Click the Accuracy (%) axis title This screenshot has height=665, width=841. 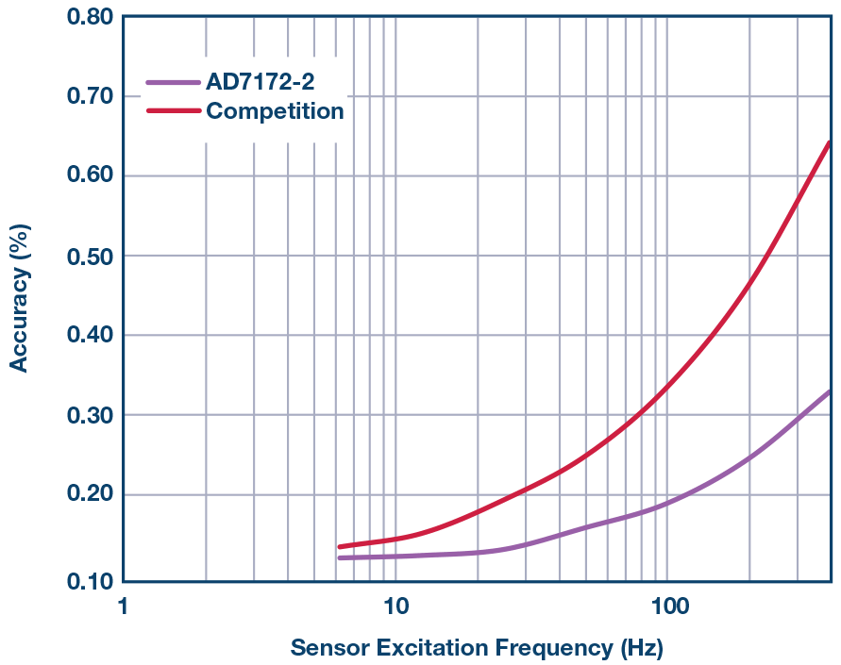[19, 298]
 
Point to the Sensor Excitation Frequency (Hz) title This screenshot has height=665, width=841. [476, 648]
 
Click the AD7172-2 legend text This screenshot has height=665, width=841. [261, 83]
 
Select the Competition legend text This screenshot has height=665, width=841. [275, 111]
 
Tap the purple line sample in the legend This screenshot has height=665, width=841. [174, 83]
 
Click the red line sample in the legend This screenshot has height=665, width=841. [174, 111]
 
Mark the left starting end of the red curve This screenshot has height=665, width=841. [339, 547]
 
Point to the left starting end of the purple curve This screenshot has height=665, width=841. [339, 558]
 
